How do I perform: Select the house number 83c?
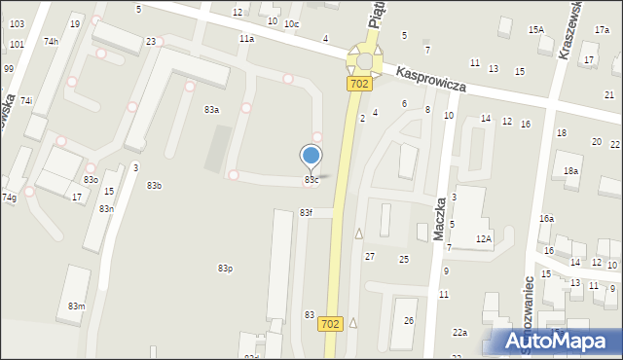pyautogui.click(x=311, y=180)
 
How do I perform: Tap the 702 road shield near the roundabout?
pyautogui.click(x=357, y=86)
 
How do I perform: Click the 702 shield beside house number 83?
pyautogui.click(x=330, y=324)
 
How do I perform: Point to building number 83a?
pyautogui.click(x=211, y=110)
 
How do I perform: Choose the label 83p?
pyautogui.click(x=225, y=269)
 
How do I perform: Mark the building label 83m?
pyautogui.click(x=76, y=306)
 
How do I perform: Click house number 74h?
pyautogui.click(x=51, y=42)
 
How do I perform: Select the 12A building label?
pyautogui.click(x=484, y=238)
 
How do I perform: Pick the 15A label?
pyautogui.click(x=536, y=30)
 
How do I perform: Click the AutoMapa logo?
pyautogui.click(x=559, y=342)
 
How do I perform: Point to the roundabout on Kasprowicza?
pyautogui.click(x=365, y=60)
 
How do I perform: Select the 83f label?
pyautogui.click(x=306, y=212)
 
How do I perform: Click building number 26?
pyautogui.click(x=409, y=320)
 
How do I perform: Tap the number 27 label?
pyautogui.click(x=369, y=256)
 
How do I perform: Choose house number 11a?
pyautogui.click(x=246, y=39)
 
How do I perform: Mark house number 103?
pyautogui.click(x=17, y=22)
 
